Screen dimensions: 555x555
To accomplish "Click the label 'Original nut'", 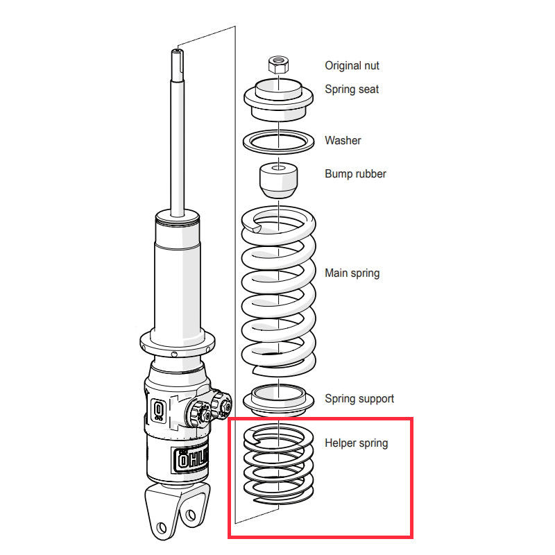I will click(x=352, y=66).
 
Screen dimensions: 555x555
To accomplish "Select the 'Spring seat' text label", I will click(x=352, y=89).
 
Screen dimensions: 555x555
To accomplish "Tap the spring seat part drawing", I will click(x=278, y=100).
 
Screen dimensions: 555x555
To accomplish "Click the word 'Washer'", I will click(x=343, y=141).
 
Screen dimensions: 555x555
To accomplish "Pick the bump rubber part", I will click(x=278, y=180).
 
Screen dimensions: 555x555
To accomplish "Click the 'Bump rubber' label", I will click(x=355, y=174).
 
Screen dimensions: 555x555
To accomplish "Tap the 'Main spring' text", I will click(x=352, y=273).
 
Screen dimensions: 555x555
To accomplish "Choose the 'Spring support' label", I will click(x=359, y=399).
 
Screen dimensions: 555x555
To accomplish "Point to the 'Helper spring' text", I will click(x=356, y=443).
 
